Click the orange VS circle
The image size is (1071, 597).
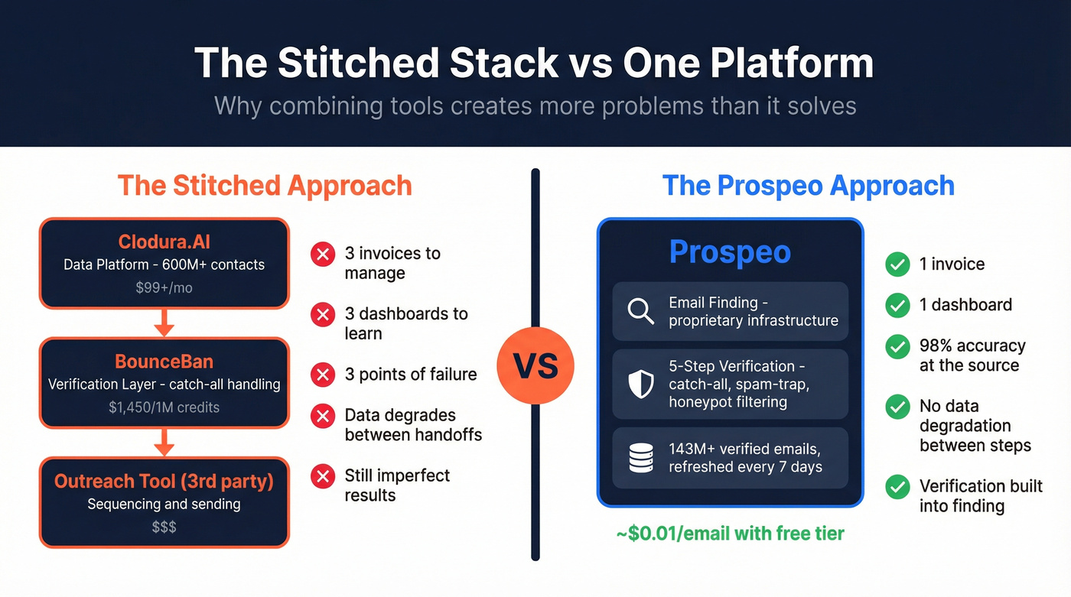[x=535, y=366]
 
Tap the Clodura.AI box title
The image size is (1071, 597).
[x=164, y=242]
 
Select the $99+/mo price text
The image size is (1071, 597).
[x=164, y=288]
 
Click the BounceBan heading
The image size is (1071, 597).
[x=164, y=362]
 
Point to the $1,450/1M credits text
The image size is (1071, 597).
[x=164, y=407]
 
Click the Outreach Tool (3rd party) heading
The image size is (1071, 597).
[x=164, y=482]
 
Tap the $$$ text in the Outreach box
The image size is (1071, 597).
[x=164, y=527]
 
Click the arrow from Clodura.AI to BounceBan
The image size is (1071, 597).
[x=164, y=323]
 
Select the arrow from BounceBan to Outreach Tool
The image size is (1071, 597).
[x=164, y=443]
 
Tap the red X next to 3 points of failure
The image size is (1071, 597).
[x=323, y=375]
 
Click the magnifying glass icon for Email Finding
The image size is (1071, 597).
[x=640, y=311]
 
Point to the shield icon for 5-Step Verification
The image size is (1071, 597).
[x=640, y=384]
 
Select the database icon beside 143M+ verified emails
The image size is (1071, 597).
[x=640, y=458]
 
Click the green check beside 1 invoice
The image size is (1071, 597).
[x=897, y=264]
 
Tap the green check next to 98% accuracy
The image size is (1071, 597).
[x=897, y=346]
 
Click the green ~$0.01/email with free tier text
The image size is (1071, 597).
[x=730, y=534]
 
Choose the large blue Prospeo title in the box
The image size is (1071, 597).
[x=730, y=252]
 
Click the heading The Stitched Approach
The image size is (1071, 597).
[x=265, y=186]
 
